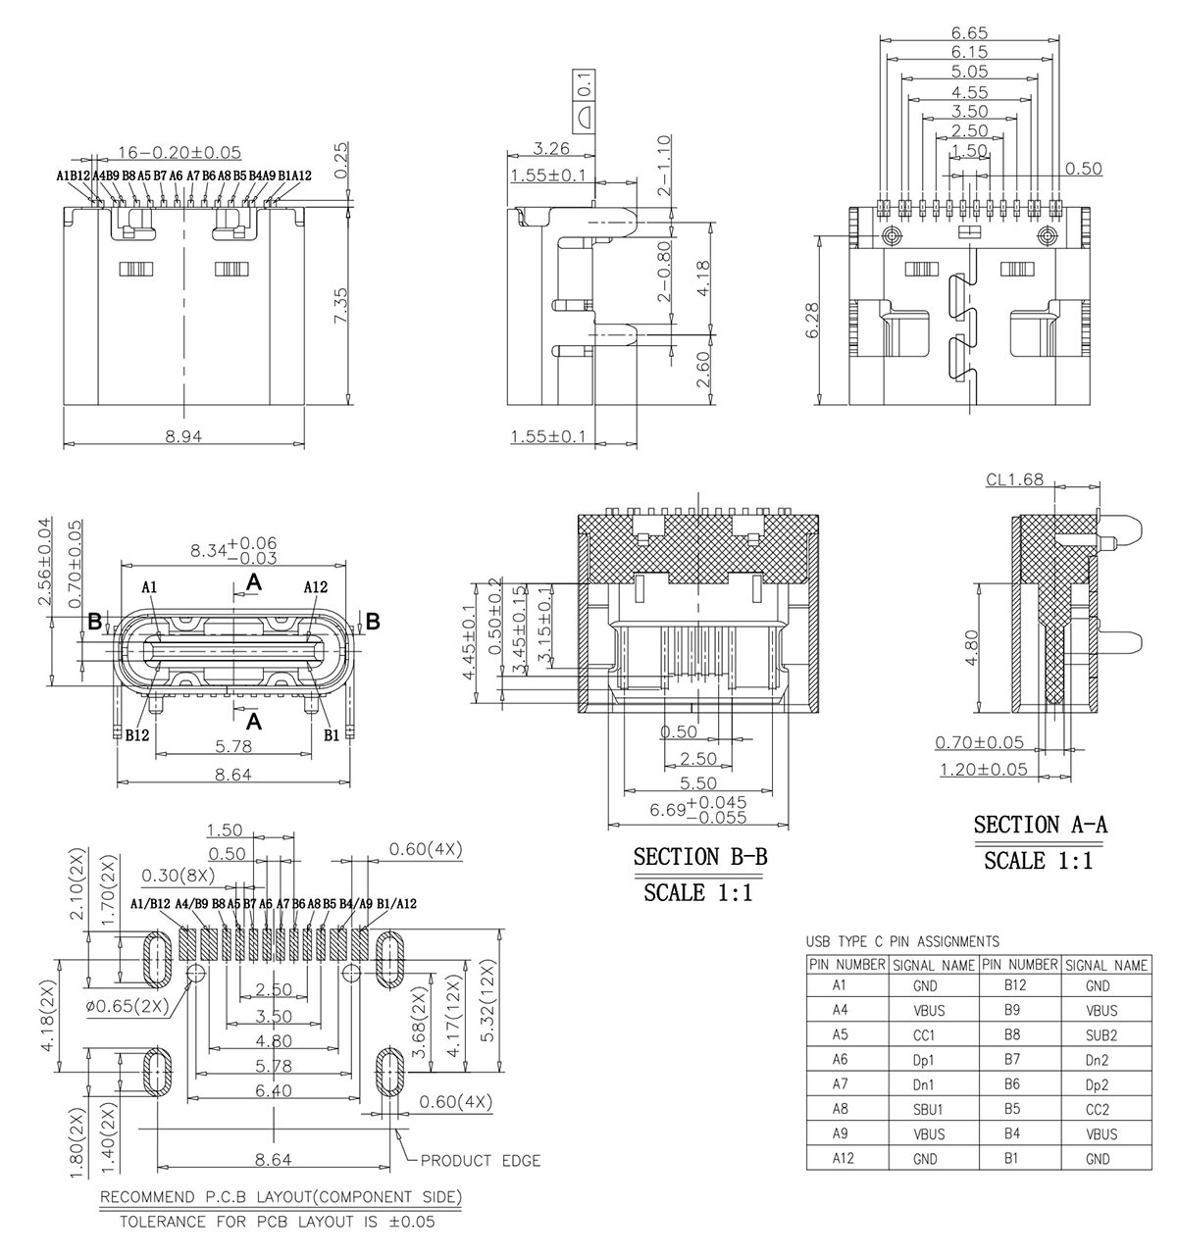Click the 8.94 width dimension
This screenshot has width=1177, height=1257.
pos(183,437)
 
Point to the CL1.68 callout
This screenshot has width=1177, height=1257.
pos(1014,480)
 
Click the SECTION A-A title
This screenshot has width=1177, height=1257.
pos(1041,826)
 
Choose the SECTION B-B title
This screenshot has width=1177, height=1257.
pos(700,857)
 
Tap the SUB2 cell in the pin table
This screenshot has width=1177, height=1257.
pos(1101,1034)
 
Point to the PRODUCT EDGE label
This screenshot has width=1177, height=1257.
pos(481,1161)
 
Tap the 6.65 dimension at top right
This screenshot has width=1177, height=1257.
pos(969,32)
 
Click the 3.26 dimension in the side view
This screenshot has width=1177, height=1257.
pos(551,149)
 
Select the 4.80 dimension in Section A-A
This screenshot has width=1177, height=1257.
pos(970,648)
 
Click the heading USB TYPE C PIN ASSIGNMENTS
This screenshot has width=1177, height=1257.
pos(902,941)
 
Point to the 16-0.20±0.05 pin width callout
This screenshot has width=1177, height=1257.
pos(179,152)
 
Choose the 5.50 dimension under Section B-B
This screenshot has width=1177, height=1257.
pos(697,783)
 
